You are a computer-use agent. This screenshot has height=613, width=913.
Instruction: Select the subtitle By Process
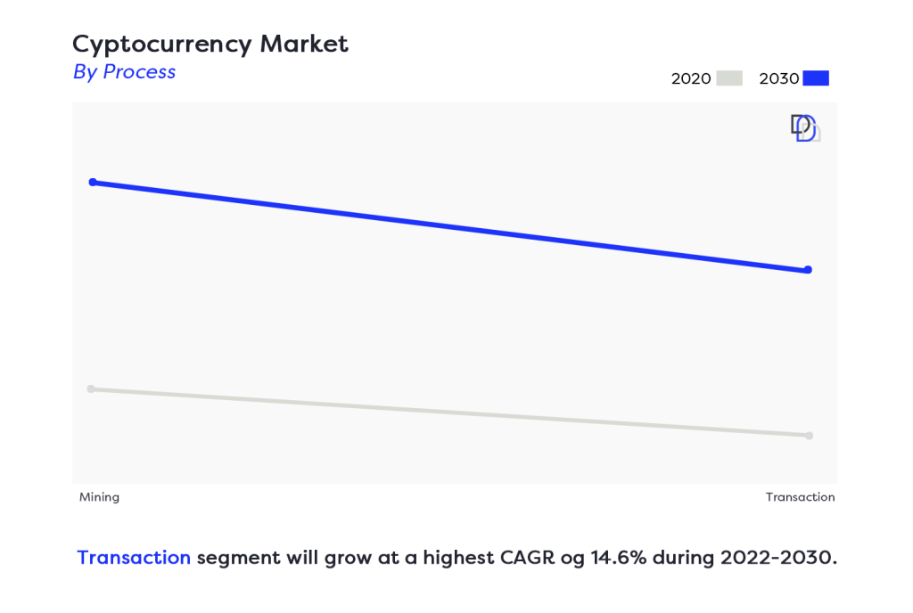(x=124, y=72)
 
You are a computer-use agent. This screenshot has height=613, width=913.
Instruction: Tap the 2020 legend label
(x=691, y=78)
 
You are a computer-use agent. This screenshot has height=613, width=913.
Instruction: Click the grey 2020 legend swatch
(x=730, y=78)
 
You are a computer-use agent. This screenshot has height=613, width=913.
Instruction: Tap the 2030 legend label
(x=779, y=78)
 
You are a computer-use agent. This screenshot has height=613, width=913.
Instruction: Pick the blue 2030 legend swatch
(x=816, y=78)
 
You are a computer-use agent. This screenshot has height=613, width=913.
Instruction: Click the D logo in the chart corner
(x=804, y=128)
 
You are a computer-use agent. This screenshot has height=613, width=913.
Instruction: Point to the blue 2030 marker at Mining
(x=93, y=182)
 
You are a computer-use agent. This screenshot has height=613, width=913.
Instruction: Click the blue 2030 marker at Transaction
(x=808, y=269)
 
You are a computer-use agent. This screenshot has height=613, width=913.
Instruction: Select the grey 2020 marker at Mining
(x=91, y=388)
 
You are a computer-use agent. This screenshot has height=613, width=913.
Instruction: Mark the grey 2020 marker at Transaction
(x=809, y=436)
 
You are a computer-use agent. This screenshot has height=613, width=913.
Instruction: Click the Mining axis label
(x=99, y=497)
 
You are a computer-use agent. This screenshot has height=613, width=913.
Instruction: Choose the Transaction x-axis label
(x=800, y=497)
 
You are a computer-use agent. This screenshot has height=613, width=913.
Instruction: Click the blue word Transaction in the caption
(x=134, y=558)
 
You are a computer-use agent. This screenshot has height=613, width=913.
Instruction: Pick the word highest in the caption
(x=438, y=559)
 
